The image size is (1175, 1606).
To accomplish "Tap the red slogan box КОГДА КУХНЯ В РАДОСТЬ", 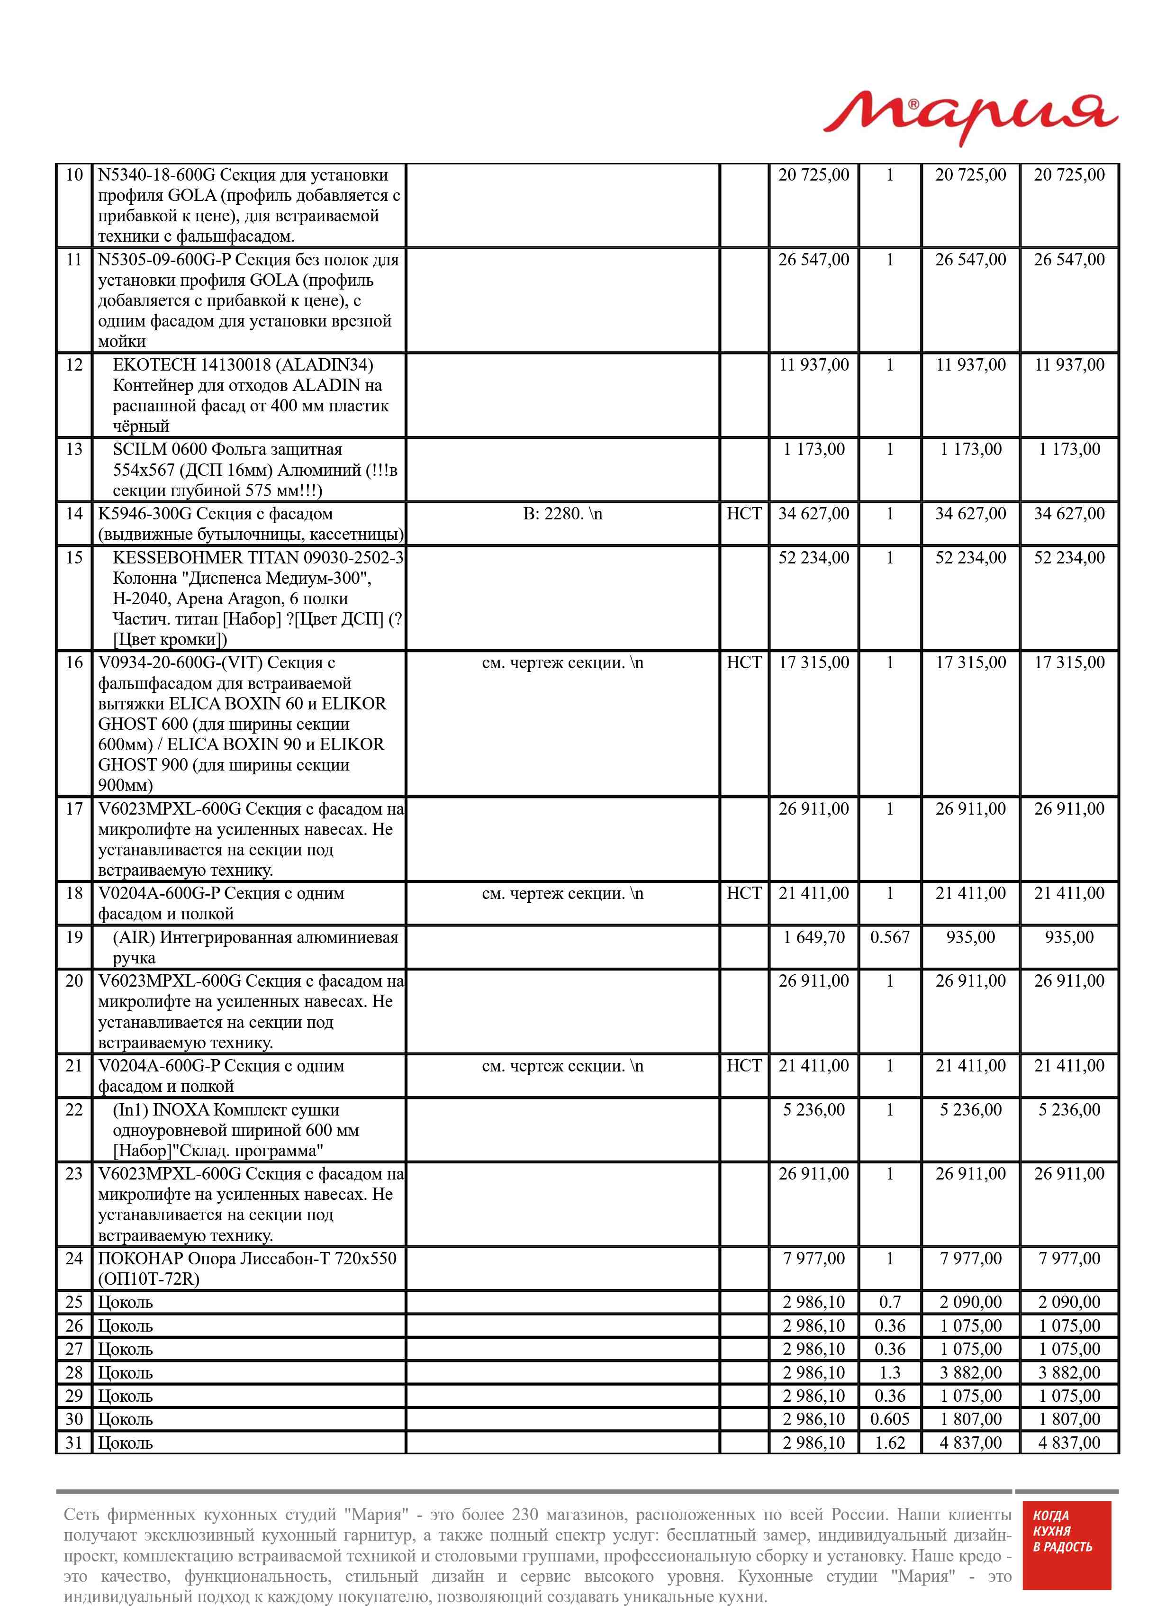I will [1066, 1545].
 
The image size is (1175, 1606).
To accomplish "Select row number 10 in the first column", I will [74, 175].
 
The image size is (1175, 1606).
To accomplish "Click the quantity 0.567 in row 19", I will [889, 937].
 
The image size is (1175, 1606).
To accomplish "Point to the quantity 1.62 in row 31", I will [889, 1443].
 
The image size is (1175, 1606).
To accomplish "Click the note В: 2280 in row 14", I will [562, 514].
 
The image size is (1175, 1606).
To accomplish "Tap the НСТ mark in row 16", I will [743, 663].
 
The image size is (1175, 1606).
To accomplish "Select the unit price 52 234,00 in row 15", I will [813, 558].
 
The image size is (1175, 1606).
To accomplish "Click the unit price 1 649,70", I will [813, 937].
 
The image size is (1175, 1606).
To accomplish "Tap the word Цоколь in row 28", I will [125, 1373].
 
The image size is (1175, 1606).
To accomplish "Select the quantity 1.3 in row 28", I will [889, 1373].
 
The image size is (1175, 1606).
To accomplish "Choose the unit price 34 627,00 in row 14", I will [813, 514].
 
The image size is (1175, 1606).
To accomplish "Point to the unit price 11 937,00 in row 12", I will [813, 365].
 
